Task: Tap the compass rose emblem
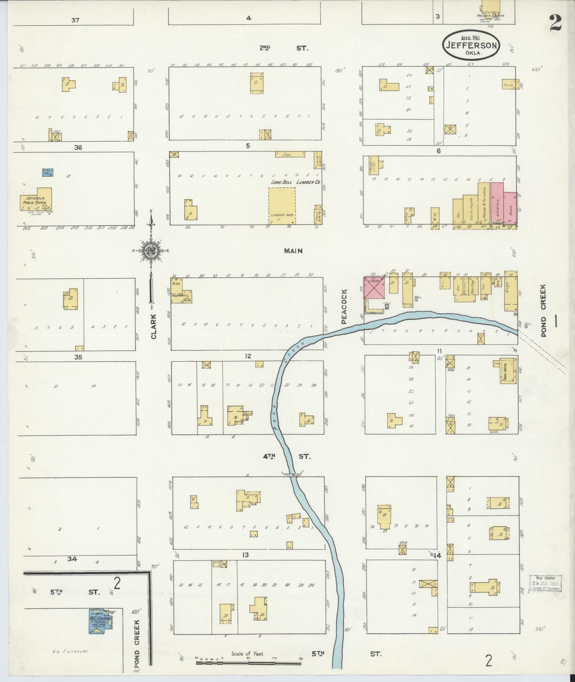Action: point(151,251)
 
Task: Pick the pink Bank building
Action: point(510,209)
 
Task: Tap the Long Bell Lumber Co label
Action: point(296,182)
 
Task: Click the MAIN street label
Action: point(293,251)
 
